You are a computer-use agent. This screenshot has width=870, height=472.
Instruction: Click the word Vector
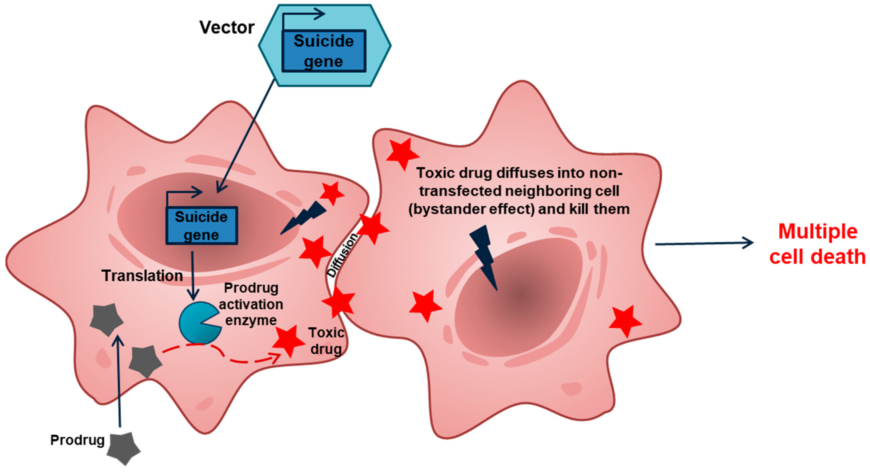[227, 27]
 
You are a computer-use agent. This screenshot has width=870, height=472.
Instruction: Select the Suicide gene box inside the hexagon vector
[324, 51]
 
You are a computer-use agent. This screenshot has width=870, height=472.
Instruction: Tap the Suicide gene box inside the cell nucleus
[201, 225]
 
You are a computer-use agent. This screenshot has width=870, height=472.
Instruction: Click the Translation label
[142, 276]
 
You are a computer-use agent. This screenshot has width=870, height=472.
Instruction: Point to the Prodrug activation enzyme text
[251, 304]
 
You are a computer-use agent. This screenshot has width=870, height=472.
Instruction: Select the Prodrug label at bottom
[77, 440]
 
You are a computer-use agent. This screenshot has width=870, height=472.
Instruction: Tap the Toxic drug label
[326, 341]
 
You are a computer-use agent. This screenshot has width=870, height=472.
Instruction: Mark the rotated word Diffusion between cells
[342, 255]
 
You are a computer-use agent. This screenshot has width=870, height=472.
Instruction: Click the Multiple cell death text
[817, 244]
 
